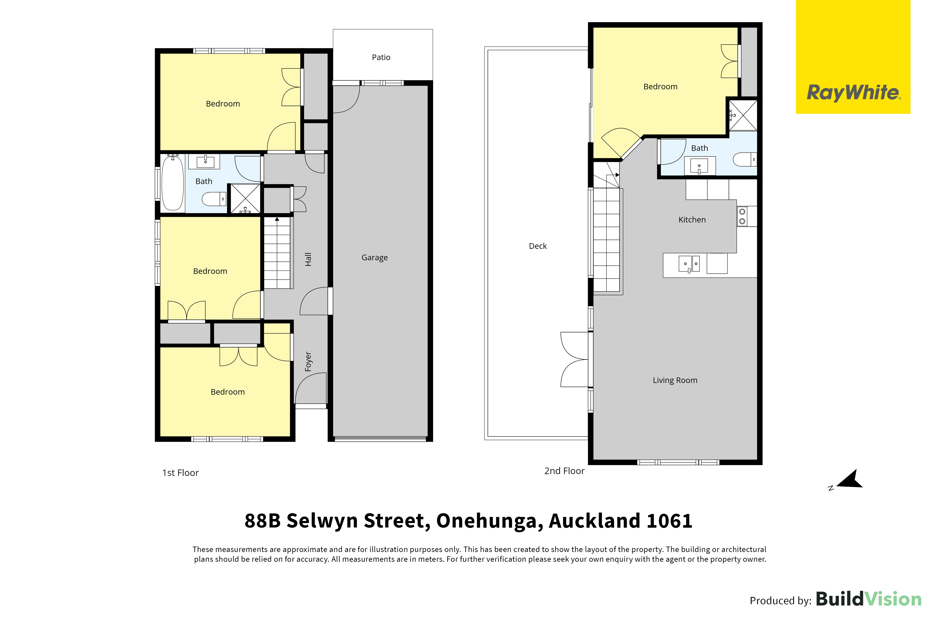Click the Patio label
pos(381,57)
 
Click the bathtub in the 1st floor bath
pos(173,183)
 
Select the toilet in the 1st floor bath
pos(214,199)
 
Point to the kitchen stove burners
pos(742,216)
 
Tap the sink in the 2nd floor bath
pos(700,166)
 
